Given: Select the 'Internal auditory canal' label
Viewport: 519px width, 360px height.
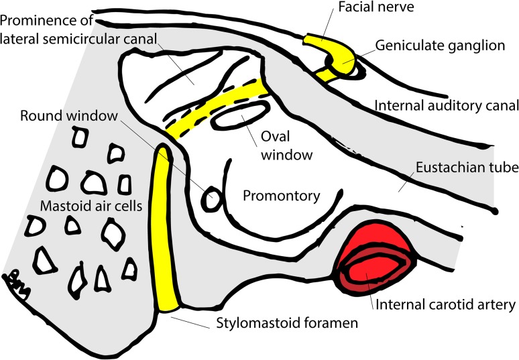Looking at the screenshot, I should [447, 106].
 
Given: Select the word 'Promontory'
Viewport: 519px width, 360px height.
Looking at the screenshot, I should [280, 196].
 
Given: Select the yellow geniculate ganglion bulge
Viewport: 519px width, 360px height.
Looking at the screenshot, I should [343, 62].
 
